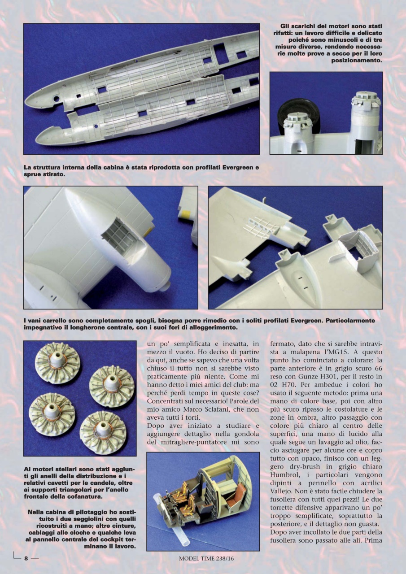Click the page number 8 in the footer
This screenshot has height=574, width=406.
click(x=26, y=558)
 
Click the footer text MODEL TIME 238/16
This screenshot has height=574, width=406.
click(x=203, y=558)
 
